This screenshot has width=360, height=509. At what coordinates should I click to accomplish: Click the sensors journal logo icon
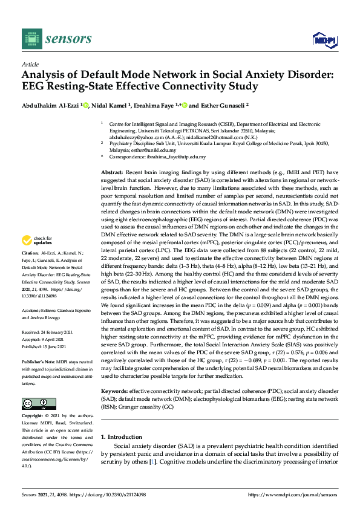click(x=30, y=40)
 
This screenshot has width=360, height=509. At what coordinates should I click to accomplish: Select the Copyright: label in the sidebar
click(x=33, y=417)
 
